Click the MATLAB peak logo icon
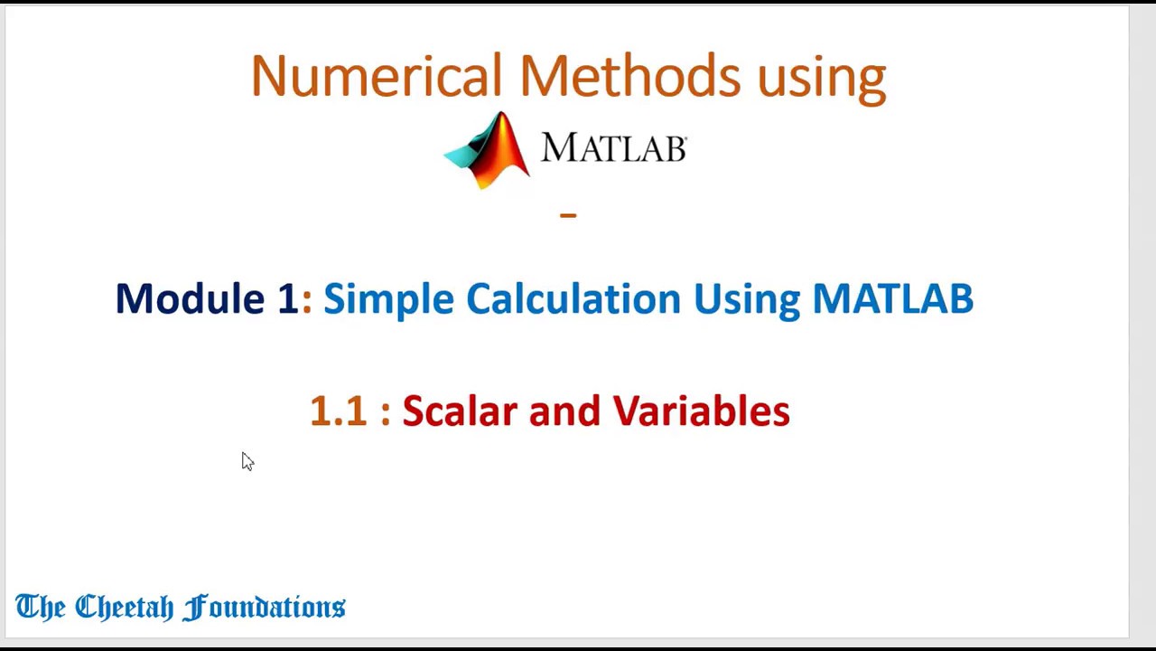488,150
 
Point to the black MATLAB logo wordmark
614,148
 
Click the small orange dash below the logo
568,215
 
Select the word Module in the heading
190,298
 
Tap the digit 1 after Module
287,298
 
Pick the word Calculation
573,298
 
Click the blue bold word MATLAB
892,298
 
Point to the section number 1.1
337,411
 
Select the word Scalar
460,411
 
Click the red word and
564,411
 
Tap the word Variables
701,411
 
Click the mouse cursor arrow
247,462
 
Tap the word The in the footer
40,607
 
